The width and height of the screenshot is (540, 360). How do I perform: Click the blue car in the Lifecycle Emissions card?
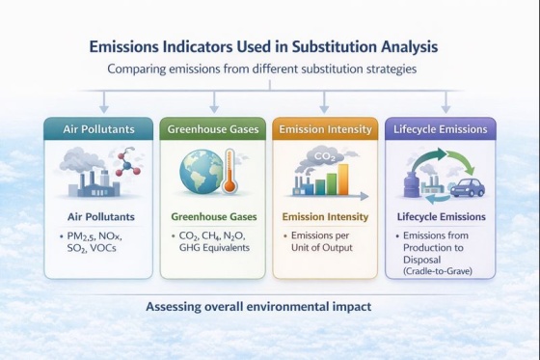(x=467, y=185)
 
